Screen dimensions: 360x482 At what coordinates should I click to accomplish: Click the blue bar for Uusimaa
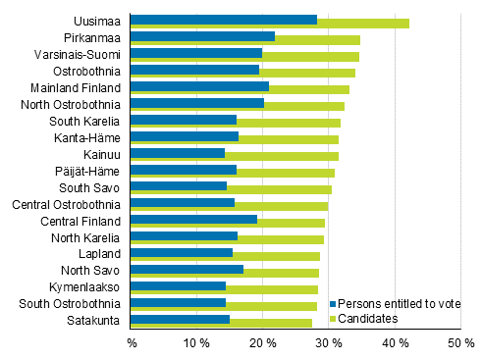click(224, 20)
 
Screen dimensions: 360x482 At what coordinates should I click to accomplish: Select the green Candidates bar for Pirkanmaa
click(318, 40)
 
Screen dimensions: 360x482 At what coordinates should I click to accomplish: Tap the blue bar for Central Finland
click(193, 219)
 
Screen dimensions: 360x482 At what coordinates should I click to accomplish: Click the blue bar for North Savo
click(187, 269)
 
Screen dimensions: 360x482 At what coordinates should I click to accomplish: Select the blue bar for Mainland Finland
click(199, 86)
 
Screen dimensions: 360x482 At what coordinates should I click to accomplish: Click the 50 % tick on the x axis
click(460, 343)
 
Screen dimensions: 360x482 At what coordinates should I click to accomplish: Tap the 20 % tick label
click(262, 343)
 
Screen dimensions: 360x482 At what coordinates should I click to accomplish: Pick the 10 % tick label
click(196, 343)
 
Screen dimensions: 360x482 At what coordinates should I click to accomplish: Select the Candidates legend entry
click(369, 319)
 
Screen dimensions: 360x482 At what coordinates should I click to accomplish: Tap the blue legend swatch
click(334, 305)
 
